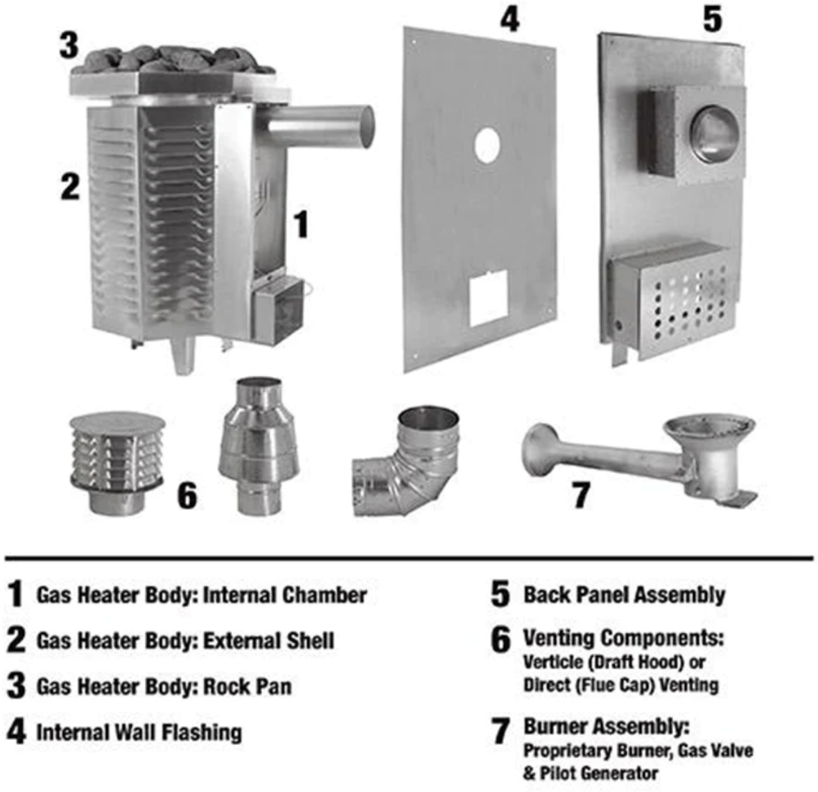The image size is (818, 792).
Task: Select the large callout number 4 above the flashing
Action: [510, 19]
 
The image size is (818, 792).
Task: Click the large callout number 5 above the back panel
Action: [711, 19]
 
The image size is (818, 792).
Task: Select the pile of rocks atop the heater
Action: [173, 60]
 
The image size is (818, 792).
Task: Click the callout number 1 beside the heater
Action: [300, 224]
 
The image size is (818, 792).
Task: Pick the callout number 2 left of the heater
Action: [70, 185]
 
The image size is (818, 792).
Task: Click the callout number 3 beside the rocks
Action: [69, 45]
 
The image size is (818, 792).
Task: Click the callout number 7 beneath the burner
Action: [581, 494]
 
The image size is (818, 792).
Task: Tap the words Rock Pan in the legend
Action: [247, 687]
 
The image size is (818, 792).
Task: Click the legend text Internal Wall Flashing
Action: [139, 732]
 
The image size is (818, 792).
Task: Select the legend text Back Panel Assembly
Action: [624, 595]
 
